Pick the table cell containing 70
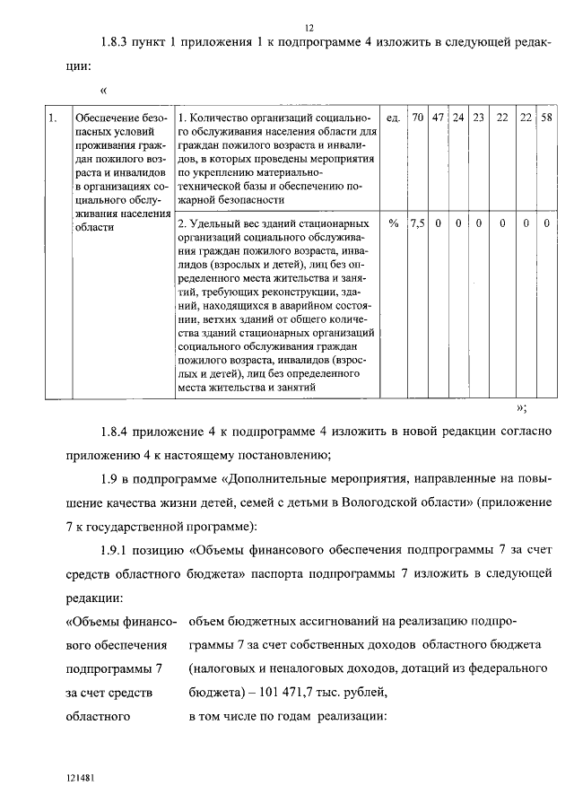[417, 118]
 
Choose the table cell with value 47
[439, 118]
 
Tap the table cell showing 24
[458, 118]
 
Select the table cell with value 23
[478, 118]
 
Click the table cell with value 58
[546, 118]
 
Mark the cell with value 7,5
[417, 223]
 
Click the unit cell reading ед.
[392, 118]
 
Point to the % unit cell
[393, 223]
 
